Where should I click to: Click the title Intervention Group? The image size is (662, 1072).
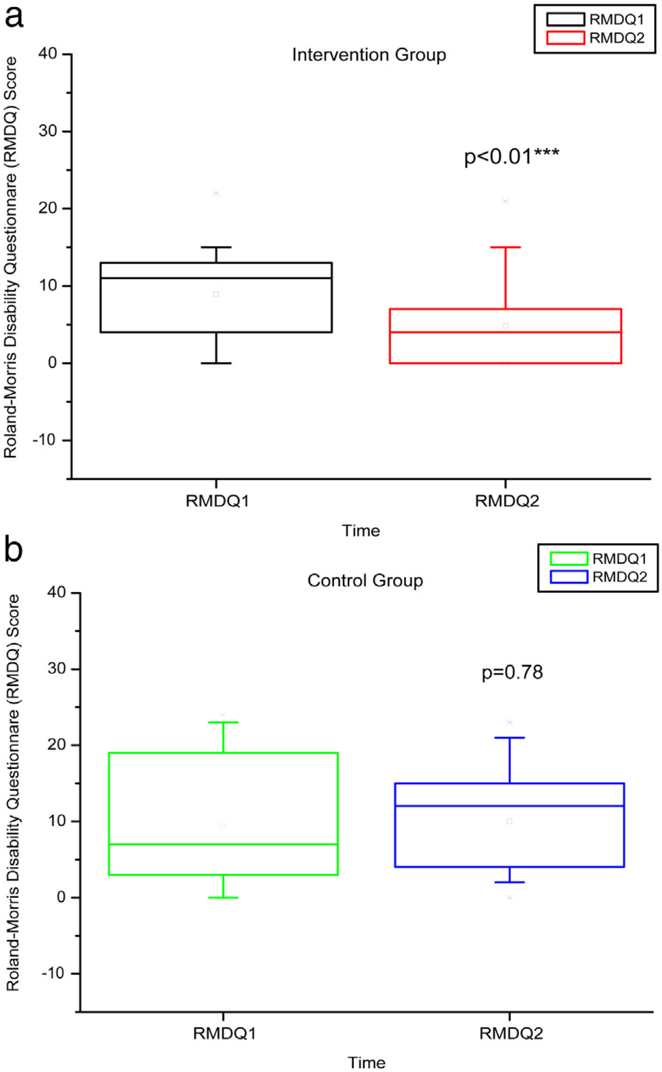[x=369, y=55]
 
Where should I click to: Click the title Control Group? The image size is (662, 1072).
[x=365, y=580]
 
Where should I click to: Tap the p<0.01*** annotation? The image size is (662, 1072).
[x=511, y=156]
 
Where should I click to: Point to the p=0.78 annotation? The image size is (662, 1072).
[x=512, y=672]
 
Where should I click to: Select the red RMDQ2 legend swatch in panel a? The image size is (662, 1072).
[x=565, y=38]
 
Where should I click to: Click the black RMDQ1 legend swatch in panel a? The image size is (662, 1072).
[x=565, y=20]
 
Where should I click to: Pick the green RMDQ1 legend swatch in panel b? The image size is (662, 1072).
[x=568, y=559]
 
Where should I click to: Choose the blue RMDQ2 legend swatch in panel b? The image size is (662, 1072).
[x=568, y=577]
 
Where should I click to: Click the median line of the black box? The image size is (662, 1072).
[x=216, y=278]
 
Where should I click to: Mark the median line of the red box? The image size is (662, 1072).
[x=505, y=332]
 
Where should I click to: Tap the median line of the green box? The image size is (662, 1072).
[x=223, y=844]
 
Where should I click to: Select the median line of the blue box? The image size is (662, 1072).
[x=509, y=806]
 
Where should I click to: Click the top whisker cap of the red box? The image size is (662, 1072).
[x=505, y=247]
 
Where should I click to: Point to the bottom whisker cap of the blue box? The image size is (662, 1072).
[x=509, y=882]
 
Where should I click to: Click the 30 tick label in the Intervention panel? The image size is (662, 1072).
[x=48, y=131]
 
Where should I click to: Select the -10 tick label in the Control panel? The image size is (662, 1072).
[x=53, y=973]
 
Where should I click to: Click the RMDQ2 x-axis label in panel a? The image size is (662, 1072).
[x=507, y=501]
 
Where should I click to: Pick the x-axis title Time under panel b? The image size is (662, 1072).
[x=366, y=1062]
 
